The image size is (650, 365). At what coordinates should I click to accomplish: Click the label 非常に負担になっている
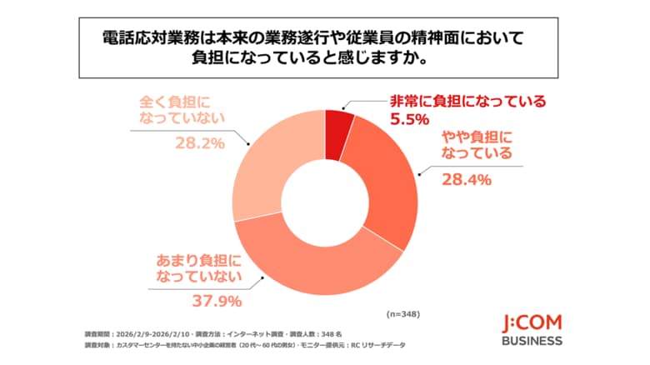(x=468, y=102)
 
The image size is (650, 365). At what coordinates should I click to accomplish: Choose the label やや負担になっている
(x=471, y=145)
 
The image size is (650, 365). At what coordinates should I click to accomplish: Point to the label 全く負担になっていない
(x=182, y=112)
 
